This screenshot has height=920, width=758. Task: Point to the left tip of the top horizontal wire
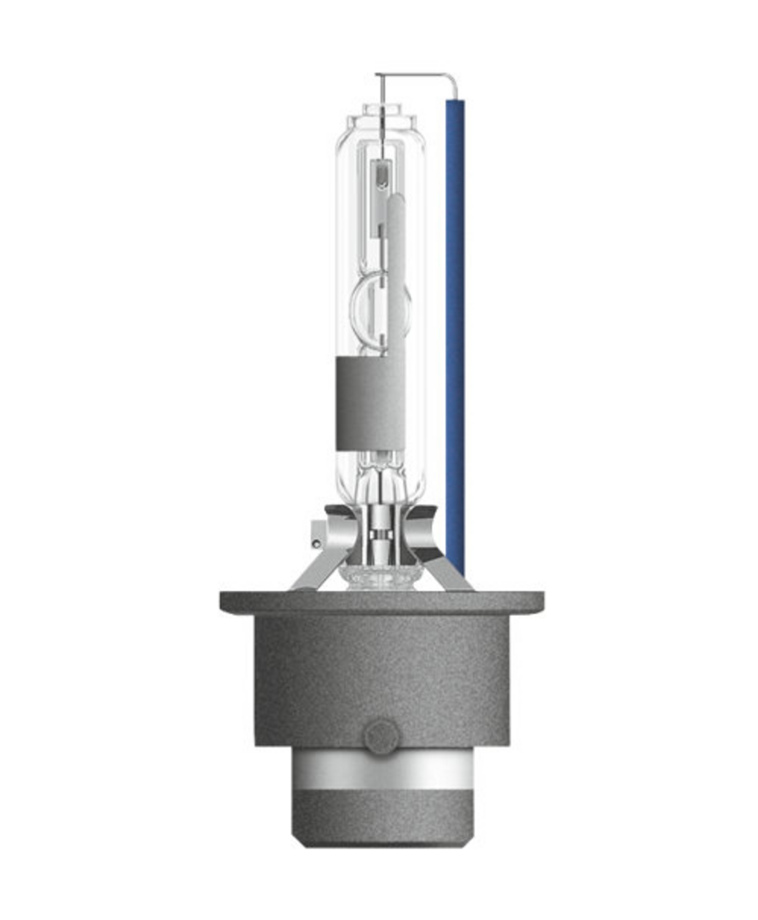(x=377, y=75)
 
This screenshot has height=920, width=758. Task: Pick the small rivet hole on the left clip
(x=316, y=543)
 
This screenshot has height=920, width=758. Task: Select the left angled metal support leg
(x=313, y=570)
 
